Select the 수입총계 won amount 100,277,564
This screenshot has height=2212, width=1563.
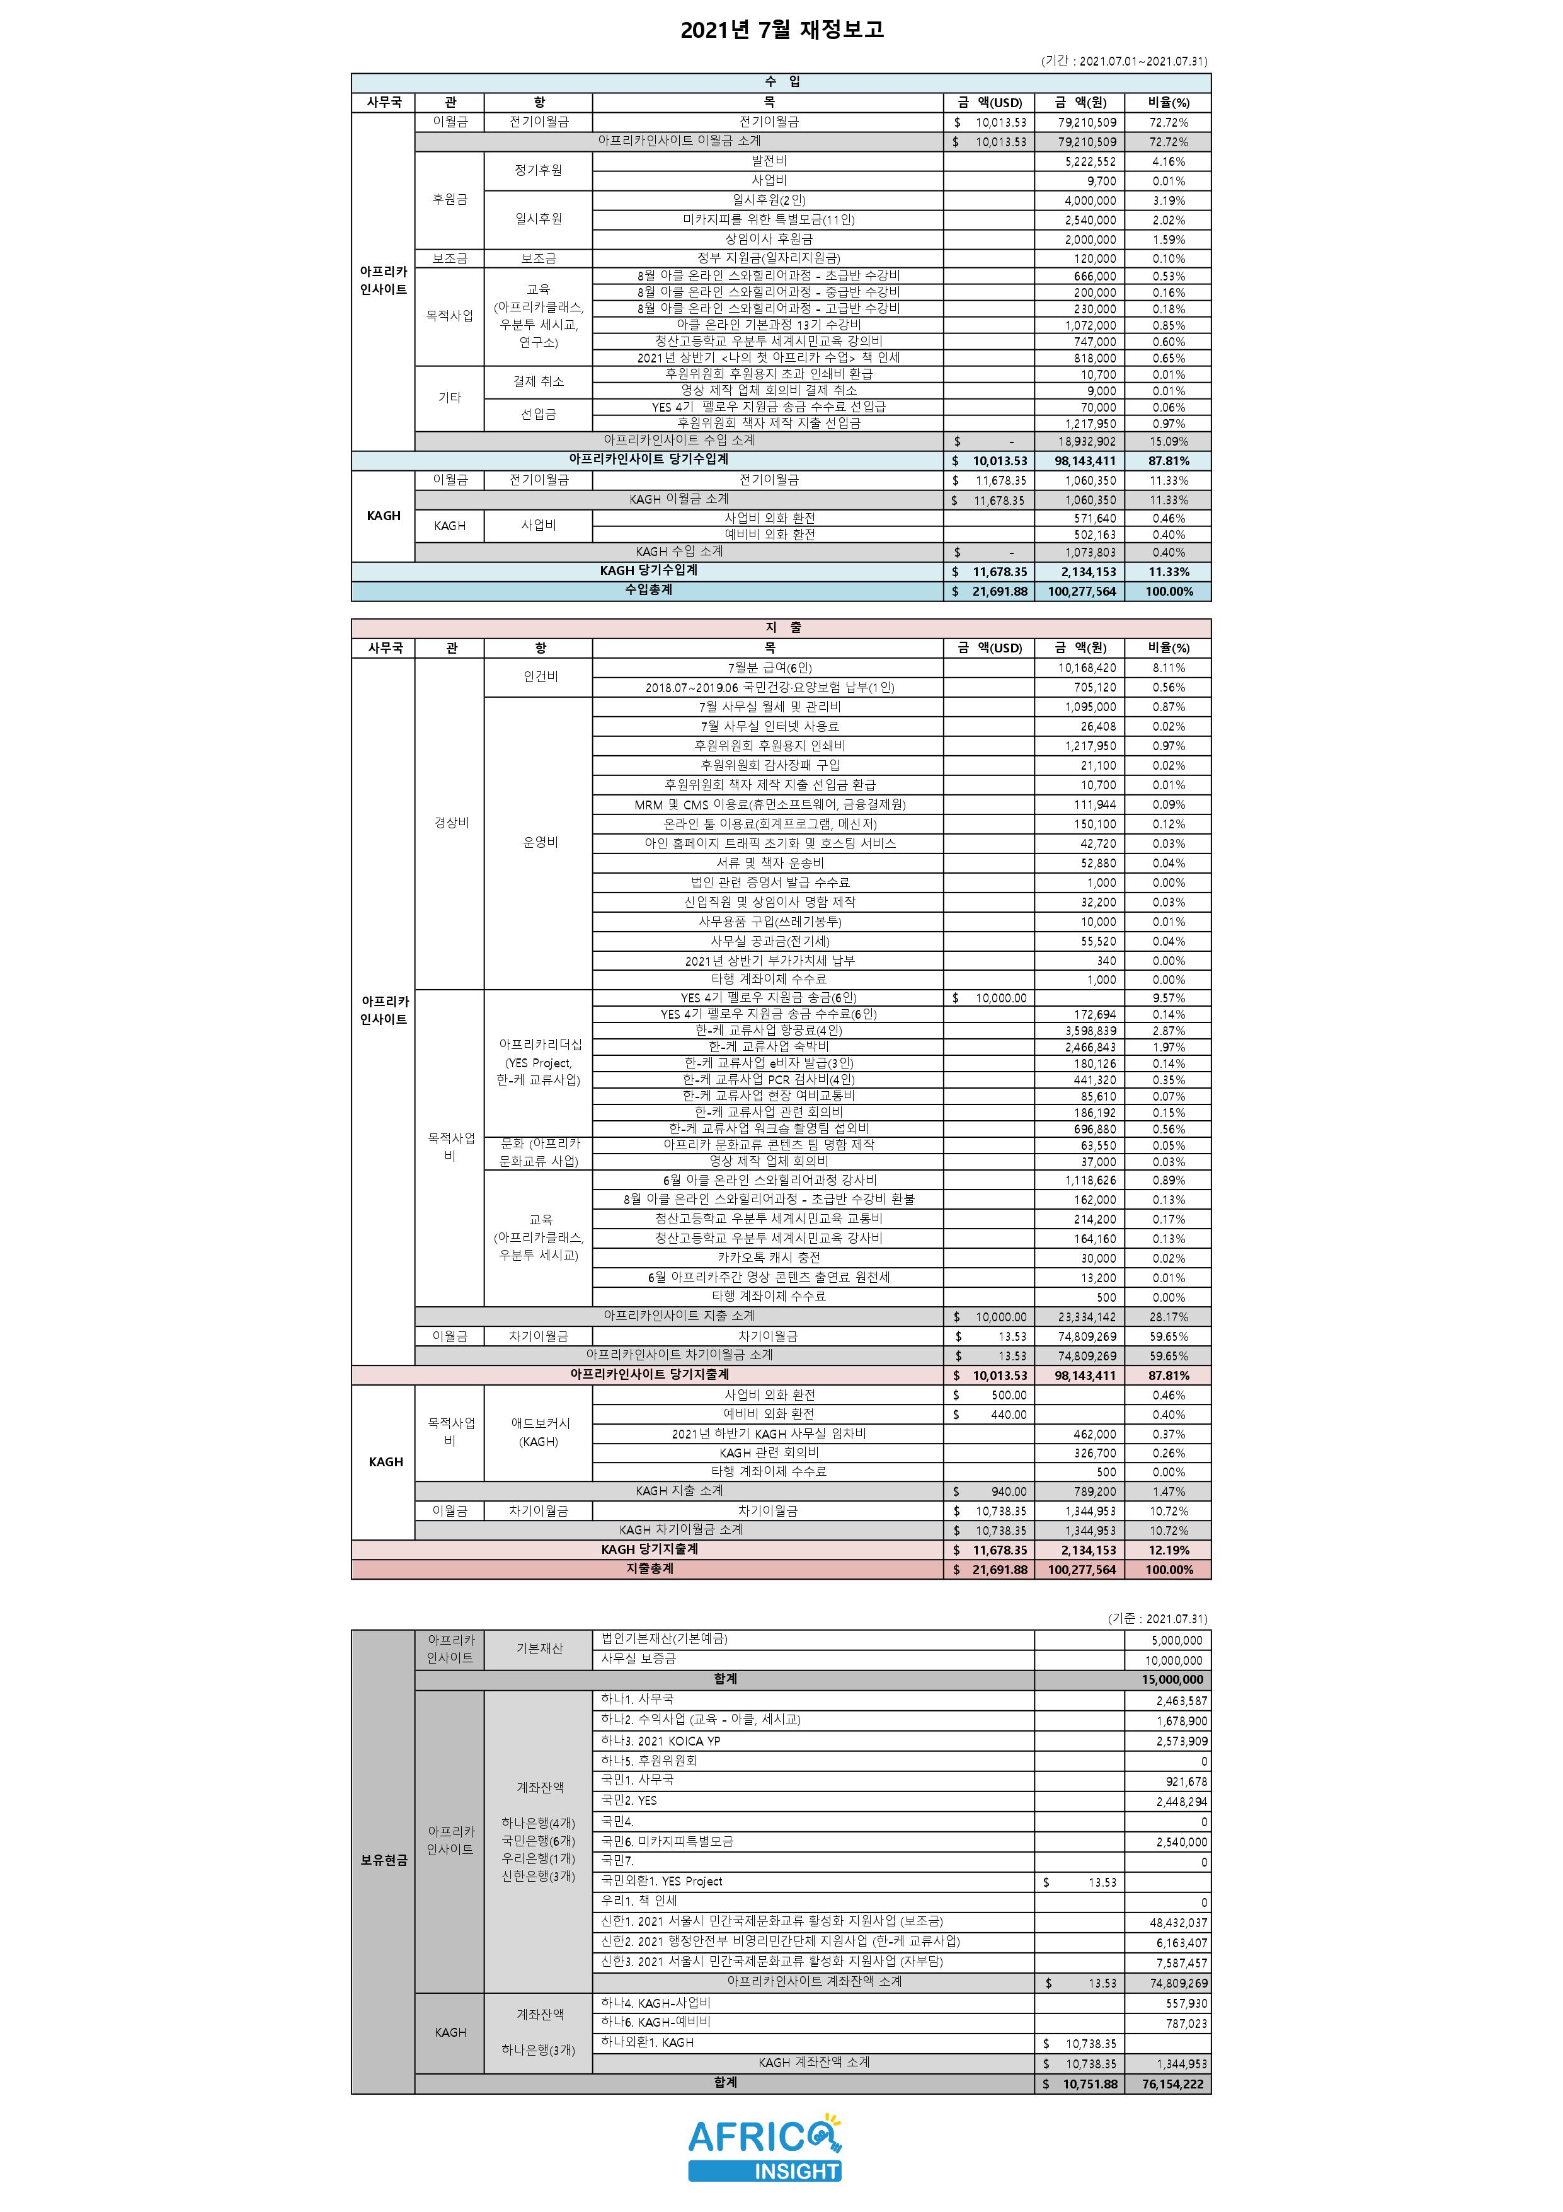click(x=1082, y=591)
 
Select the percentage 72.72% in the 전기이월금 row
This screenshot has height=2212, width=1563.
click(x=1168, y=122)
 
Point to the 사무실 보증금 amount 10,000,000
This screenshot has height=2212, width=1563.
click(x=1173, y=1660)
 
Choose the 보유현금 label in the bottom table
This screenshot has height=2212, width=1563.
click(x=383, y=1860)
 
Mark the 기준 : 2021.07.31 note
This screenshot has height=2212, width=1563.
click(x=1157, y=1619)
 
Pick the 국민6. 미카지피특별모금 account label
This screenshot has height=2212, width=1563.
click(x=667, y=1841)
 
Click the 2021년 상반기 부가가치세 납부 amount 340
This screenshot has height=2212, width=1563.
click(x=1106, y=961)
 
